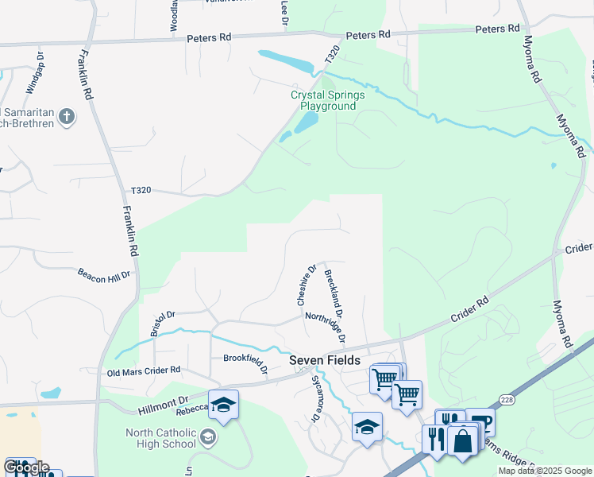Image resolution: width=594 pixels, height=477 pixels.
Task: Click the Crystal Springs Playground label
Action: [x=327, y=100]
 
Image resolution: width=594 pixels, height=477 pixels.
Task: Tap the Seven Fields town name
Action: [x=325, y=360]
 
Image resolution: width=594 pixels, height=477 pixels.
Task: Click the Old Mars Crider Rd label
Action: [x=144, y=370]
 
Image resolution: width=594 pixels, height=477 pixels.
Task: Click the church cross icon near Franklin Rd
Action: [x=67, y=118]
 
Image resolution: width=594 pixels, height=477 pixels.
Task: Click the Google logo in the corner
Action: [x=25, y=467]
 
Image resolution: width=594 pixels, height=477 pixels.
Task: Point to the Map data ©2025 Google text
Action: [x=544, y=471]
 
